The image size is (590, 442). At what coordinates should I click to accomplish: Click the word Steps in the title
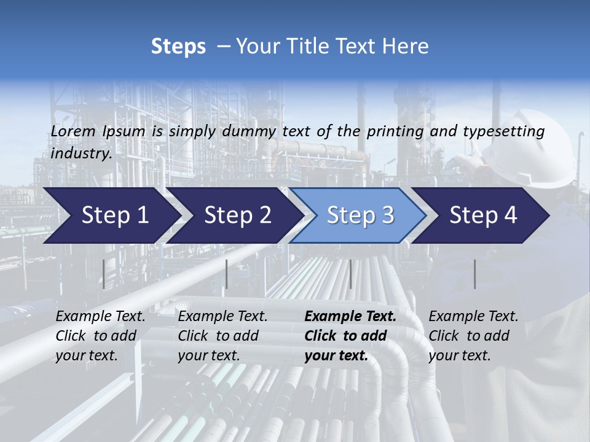click(178, 47)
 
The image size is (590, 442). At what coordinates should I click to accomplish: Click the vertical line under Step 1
click(104, 274)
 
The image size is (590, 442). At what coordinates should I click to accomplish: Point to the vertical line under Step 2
click(227, 274)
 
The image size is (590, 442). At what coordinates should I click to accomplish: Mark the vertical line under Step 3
click(350, 274)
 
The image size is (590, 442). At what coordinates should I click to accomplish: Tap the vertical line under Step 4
click(474, 274)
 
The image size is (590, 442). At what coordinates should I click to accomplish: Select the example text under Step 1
click(100, 336)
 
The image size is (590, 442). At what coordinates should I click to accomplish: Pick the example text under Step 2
click(222, 336)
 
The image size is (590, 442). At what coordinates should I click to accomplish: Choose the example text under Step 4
click(473, 336)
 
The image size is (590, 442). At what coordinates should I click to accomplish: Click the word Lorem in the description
click(73, 131)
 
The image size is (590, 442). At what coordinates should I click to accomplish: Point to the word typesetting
click(503, 131)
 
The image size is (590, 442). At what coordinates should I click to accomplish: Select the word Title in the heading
click(299, 47)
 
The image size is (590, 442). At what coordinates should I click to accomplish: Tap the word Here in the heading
click(405, 47)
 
